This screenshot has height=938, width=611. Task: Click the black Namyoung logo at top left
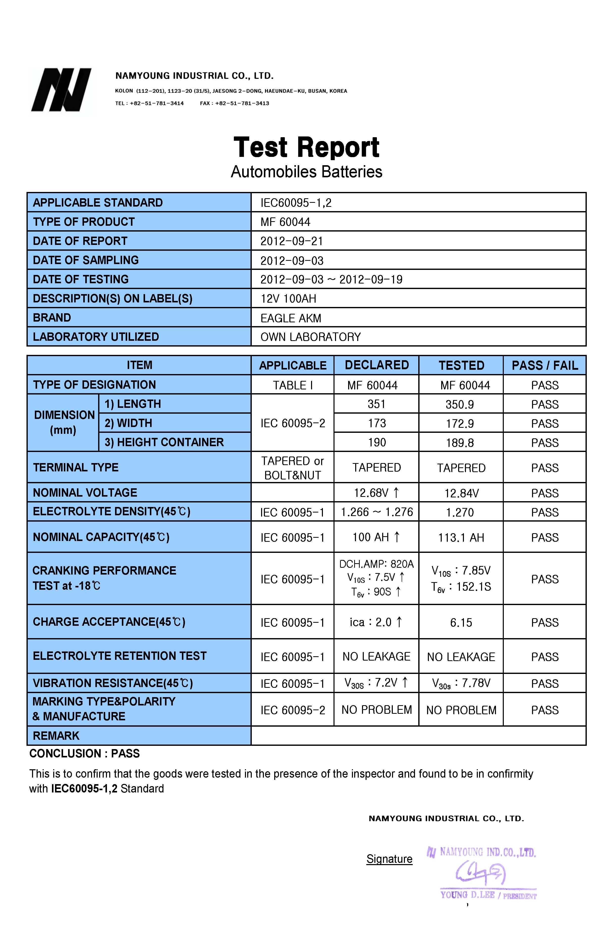coord(61,90)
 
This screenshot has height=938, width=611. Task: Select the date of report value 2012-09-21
coord(291,241)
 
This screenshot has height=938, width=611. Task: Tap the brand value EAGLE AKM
coord(291,318)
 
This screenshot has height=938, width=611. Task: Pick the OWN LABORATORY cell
coord(310,337)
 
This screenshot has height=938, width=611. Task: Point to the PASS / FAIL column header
coord(544,365)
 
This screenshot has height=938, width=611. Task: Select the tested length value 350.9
coord(460,404)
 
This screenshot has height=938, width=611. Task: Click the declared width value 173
coord(376,423)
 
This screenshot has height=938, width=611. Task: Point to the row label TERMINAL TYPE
coord(76,467)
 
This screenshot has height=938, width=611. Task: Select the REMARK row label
coord(56,736)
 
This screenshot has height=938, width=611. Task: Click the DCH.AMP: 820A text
coord(376,564)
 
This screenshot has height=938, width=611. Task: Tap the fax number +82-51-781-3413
coord(242,103)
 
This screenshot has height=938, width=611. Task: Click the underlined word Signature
coord(389,859)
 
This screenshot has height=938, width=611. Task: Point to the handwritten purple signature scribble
coord(480,873)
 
